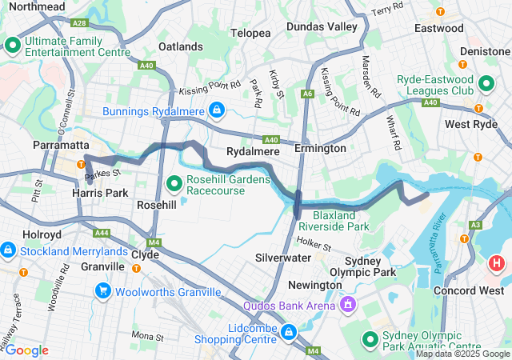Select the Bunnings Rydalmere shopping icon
coord(216,108)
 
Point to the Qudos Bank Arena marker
coord(348,304)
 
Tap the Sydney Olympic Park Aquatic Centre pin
coord(370,340)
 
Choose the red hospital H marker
coord(497,262)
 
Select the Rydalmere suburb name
coord(252,150)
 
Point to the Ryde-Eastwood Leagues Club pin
coord(486,83)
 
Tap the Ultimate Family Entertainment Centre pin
coord(13,46)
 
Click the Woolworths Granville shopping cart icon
coord(102,291)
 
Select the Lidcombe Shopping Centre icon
coord(289,330)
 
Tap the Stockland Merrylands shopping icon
coord(7,251)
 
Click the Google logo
coord(27,350)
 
